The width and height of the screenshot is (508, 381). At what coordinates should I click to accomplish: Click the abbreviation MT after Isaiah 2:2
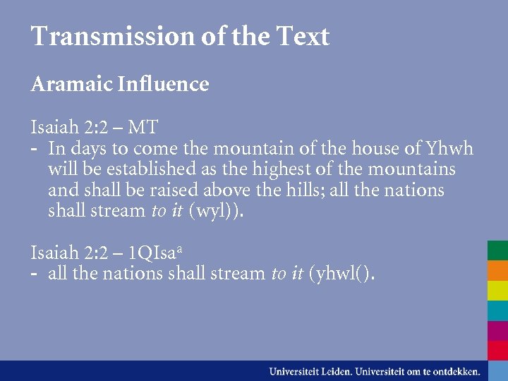tap(143, 128)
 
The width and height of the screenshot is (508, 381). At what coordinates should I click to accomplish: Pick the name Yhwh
tap(449, 149)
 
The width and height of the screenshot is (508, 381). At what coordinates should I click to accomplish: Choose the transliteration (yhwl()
tap(342, 273)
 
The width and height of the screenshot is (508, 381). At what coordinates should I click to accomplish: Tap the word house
tap(377, 149)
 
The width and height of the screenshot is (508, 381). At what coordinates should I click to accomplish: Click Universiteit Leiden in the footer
tap(310, 370)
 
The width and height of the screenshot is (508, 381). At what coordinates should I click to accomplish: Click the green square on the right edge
tap(497, 250)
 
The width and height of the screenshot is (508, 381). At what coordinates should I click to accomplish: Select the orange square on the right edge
tap(497, 271)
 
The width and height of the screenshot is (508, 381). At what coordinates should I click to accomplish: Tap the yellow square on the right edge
tap(497, 291)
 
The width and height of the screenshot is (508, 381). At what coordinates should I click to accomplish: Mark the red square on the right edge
tap(497, 350)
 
